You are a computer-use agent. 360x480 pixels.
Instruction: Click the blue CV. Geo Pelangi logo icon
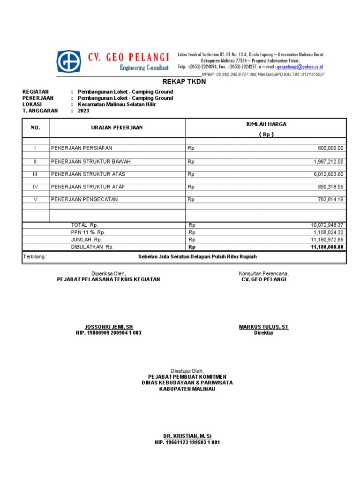[x=68, y=61]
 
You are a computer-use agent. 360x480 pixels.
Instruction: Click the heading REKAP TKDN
[x=184, y=82]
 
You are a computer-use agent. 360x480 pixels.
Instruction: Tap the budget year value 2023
[x=83, y=111]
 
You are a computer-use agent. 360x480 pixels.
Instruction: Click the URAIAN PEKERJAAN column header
[x=117, y=127]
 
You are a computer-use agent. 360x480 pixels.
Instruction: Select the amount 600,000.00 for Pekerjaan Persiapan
[x=330, y=148]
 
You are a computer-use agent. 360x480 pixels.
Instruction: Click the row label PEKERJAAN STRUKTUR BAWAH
[x=90, y=162]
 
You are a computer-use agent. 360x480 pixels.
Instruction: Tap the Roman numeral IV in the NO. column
[x=35, y=187]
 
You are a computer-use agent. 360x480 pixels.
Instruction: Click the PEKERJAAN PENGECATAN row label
[x=84, y=200]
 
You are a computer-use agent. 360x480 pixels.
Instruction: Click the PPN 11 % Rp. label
[x=89, y=232]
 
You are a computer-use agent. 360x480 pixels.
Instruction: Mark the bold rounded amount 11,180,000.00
[x=327, y=247]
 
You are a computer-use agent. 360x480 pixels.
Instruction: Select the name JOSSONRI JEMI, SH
[x=109, y=327]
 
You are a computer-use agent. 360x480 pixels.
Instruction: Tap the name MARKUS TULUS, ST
[x=263, y=327]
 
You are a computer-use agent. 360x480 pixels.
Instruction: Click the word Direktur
[x=263, y=333]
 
